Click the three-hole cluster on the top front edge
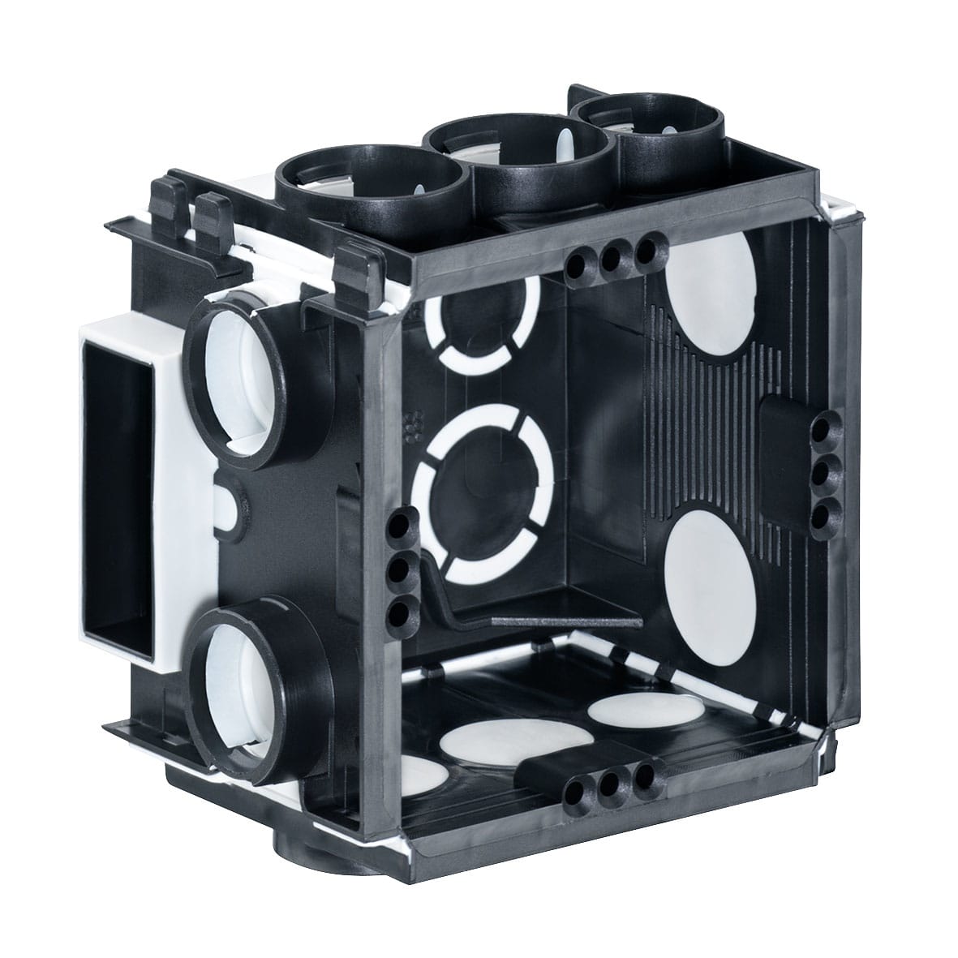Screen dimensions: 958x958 coord(613,258)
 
